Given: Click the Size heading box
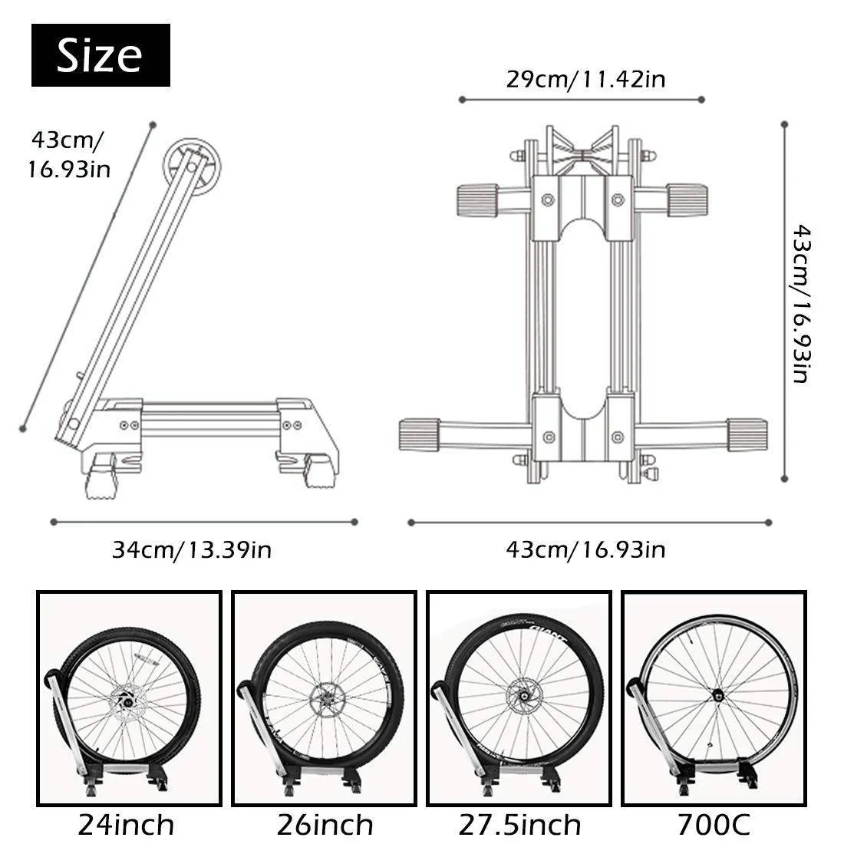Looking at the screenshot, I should [101, 55].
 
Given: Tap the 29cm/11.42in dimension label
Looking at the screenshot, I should [585, 80].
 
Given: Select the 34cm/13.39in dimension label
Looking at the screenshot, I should [192, 549].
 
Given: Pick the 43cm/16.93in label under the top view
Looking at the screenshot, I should [585, 549].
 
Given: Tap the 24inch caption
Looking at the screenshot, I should [127, 825].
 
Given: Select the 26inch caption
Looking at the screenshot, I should [325, 825].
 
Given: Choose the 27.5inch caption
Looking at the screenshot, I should [519, 825].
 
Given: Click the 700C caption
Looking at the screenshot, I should [714, 825].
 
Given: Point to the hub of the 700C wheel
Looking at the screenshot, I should [719, 696].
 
